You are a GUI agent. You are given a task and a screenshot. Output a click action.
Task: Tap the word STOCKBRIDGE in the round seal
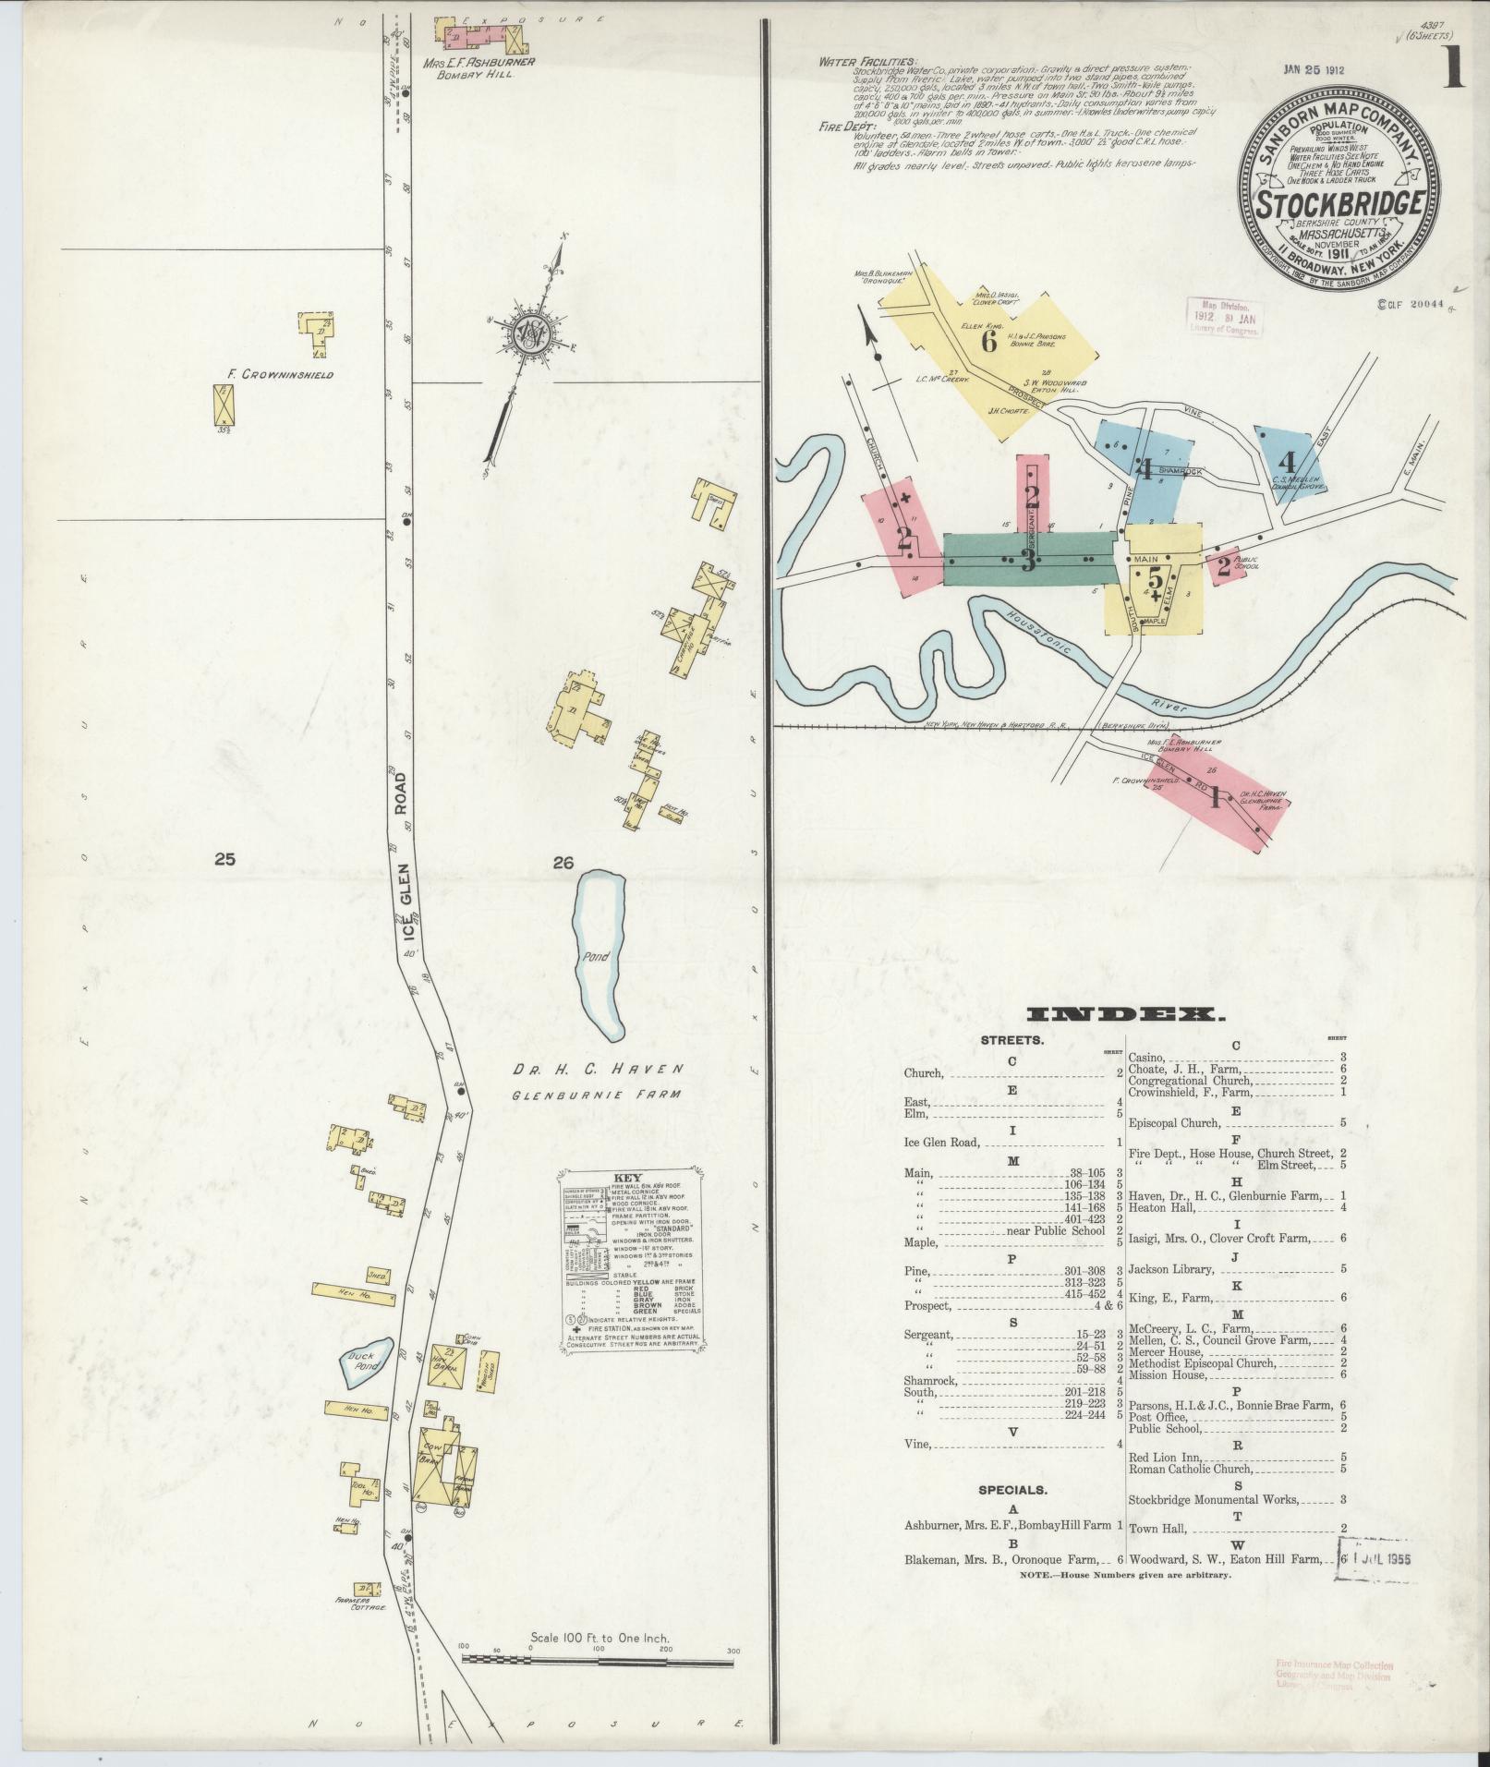[1339, 202]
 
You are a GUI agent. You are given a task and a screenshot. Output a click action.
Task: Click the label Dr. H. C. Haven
[599, 1069]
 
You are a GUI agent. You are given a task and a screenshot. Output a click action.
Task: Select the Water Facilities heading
[854, 62]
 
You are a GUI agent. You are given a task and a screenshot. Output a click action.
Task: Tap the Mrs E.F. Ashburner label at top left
[475, 64]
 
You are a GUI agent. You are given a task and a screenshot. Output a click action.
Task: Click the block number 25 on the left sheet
[224, 860]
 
